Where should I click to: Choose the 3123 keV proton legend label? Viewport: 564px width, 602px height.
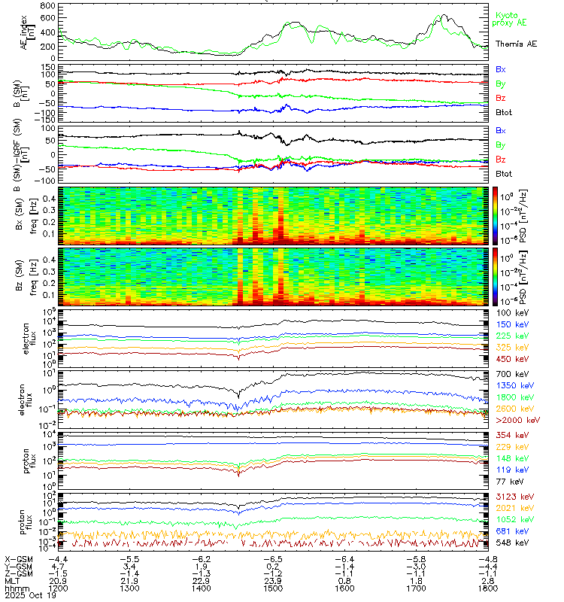tap(511, 497)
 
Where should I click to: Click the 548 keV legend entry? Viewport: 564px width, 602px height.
tap(509, 541)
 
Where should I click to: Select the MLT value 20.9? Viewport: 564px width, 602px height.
tap(57, 579)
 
